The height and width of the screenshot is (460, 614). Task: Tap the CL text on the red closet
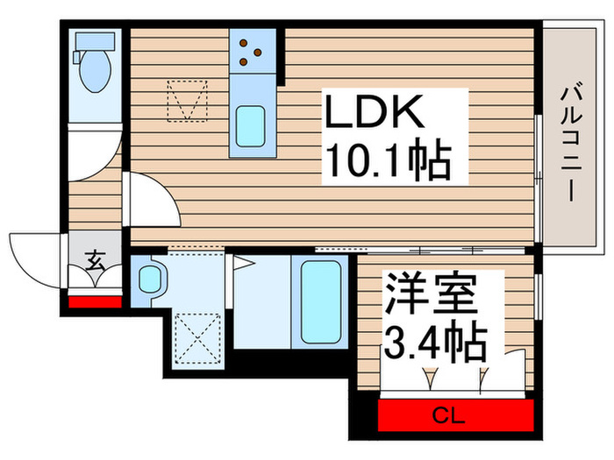pos(455,414)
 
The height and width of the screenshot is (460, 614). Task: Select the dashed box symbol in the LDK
pos(187,99)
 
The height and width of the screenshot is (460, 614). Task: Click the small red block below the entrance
pos(95,301)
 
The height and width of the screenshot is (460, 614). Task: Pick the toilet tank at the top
pos(92,41)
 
